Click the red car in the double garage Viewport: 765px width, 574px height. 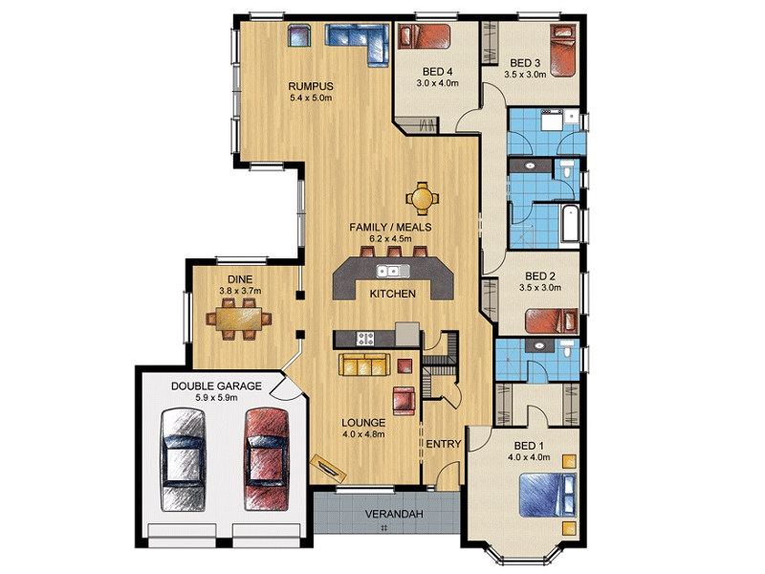click(x=267, y=459)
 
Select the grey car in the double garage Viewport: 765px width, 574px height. click(x=183, y=460)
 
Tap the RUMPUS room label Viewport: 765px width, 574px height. click(x=311, y=86)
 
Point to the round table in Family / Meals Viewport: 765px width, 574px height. click(x=422, y=198)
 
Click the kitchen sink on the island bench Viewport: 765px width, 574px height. click(x=393, y=271)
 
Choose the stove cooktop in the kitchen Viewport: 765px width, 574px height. click(x=365, y=339)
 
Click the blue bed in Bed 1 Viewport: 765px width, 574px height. click(x=547, y=495)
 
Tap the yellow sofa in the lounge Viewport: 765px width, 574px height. click(x=364, y=364)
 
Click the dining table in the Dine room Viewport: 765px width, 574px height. click(x=238, y=319)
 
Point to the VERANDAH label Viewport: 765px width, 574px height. click(x=394, y=514)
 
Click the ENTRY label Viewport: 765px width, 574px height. click(x=444, y=444)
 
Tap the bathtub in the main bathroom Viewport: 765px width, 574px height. click(x=570, y=224)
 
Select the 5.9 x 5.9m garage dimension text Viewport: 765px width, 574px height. click(x=216, y=398)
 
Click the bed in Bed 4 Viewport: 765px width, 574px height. click(x=424, y=36)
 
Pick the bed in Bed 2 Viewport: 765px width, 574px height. click(x=552, y=321)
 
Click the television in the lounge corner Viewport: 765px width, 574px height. click(x=328, y=465)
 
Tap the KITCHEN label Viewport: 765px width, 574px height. click(x=393, y=294)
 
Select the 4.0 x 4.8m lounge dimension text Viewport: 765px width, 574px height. click(x=363, y=434)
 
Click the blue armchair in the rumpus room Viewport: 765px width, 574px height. click(x=298, y=35)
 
